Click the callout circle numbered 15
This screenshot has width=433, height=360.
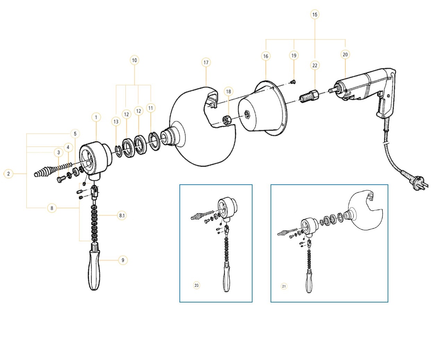(315, 15)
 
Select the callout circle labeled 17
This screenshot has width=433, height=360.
(206, 62)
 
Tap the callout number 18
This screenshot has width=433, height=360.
(228, 91)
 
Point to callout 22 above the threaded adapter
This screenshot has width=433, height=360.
(315, 65)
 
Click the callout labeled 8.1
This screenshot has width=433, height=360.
(122, 216)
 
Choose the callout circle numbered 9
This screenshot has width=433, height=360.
(123, 260)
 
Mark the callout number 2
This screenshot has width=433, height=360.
(9, 174)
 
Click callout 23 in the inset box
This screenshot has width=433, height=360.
(196, 285)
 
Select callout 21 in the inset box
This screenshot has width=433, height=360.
(284, 286)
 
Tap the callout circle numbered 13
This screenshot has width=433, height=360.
(116, 121)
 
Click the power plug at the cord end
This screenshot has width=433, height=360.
(419, 183)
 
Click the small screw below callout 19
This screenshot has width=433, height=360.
(293, 82)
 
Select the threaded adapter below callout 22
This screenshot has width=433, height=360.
(309, 96)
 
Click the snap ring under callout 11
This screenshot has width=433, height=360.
(154, 141)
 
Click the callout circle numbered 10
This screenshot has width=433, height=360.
(134, 60)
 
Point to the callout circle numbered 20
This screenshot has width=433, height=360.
(345, 54)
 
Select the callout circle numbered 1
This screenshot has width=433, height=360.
(96, 117)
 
